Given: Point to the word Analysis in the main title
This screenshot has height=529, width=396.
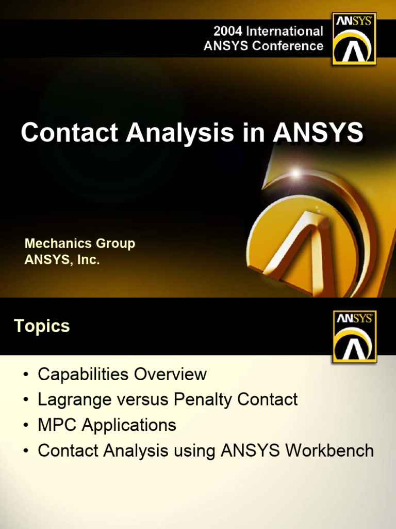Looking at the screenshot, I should click(x=179, y=133).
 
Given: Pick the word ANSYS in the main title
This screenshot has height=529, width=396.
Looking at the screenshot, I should click(x=318, y=133).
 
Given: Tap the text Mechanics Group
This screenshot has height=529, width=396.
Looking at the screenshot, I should click(x=80, y=243).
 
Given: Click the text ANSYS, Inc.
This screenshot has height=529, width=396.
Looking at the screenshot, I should click(x=62, y=259).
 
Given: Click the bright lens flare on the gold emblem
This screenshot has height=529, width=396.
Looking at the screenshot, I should click(x=295, y=174).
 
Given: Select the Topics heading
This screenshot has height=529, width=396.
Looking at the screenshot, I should click(x=42, y=326).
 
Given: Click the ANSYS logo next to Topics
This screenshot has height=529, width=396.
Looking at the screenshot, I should click(x=355, y=336).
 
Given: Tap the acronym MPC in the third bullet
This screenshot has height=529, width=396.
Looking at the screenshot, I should click(x=58, y=425).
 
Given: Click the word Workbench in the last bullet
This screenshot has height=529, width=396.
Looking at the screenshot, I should click(x=330, y=450).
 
